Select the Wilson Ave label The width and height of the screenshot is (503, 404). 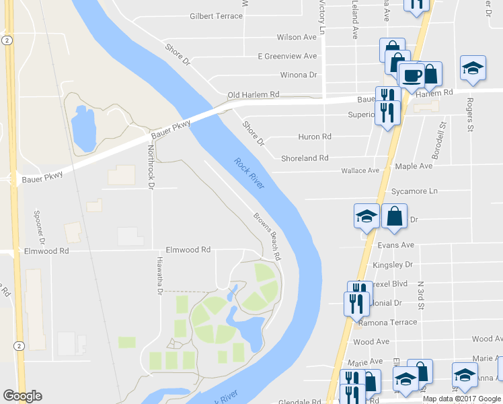tap(296, 37)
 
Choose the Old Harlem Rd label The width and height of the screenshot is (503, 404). tap(253, 95)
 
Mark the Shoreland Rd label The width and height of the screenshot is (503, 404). tap(305, 158)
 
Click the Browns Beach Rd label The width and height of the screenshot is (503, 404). tap(267, 236)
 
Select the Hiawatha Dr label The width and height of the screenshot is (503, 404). tap(160, 278)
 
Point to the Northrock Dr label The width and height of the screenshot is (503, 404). tap(151, 166)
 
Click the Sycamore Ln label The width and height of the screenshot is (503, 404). tap(414, 191)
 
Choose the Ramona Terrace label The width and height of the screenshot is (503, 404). tap(388, 323)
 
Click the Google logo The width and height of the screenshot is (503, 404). tap(23, 396)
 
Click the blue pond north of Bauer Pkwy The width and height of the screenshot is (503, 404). tap(83, 127)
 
